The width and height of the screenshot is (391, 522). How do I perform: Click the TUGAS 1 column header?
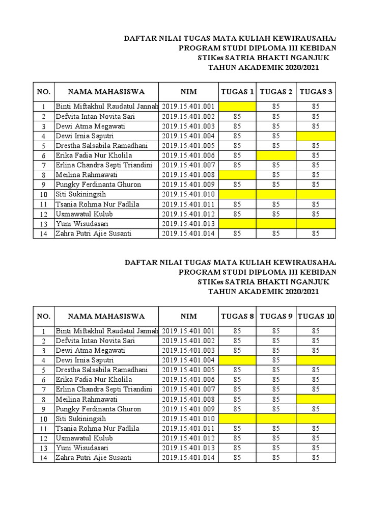click(237, 92)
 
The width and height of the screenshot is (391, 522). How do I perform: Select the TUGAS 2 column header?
click(276, 92)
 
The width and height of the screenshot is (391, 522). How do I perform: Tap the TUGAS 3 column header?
click(316, 92)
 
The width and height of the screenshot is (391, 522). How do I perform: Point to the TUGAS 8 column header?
click(237, 316)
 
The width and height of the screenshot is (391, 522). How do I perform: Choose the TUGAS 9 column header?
click(276, 316)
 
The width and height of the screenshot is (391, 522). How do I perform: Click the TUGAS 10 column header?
click(316, 316)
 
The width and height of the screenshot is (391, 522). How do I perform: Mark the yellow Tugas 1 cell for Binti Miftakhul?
click(237, 107)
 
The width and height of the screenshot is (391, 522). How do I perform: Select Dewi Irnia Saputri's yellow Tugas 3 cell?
click(316, 136)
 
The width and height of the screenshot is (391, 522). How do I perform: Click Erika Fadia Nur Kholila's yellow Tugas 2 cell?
click(276, 155)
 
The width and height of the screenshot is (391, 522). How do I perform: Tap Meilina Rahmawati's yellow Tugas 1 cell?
click(237, 175)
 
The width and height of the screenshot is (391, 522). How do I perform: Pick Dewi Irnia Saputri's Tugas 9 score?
click(276, 360)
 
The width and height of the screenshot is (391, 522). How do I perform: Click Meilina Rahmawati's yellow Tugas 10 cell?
click(316, 399)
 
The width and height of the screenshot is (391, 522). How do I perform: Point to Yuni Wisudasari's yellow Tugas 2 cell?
click(276, 223)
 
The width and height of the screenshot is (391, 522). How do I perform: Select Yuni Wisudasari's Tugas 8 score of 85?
click(237, 448)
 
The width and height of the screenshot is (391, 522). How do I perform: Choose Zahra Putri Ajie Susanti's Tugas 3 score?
click(316, 233)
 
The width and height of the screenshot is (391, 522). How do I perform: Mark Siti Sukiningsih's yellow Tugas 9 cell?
click(276, 419)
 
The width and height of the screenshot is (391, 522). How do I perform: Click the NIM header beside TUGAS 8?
click(188, 316)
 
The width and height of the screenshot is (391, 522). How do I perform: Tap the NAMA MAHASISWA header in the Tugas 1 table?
click(106, 92)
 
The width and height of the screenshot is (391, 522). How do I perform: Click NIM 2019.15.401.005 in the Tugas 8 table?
click(188, 370)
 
